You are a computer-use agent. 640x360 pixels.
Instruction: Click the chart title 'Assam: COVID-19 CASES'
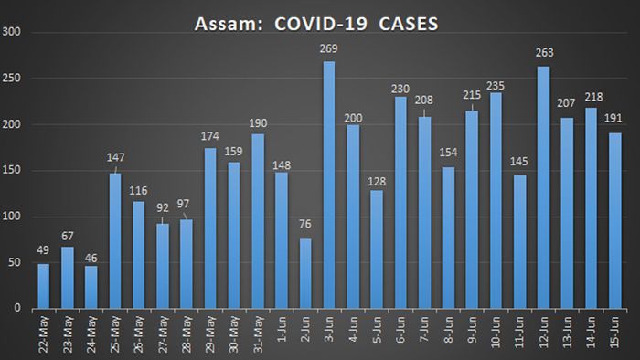(315, 21)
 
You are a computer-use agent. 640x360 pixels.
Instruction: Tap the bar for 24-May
(91, 287)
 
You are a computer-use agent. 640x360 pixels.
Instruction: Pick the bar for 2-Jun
(305, 273)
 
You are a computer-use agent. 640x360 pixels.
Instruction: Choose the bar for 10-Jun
(496, 200)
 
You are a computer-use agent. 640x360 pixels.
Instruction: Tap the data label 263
(543, 53)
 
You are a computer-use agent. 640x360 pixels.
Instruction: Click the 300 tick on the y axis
(16, 33)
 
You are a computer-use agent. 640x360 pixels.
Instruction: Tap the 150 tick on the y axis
(16, 171)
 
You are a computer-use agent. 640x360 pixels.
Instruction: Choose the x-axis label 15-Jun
(615, 334)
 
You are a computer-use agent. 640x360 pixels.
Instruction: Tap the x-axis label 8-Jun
(449, 332)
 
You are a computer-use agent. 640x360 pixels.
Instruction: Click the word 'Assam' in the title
(223, 21)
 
